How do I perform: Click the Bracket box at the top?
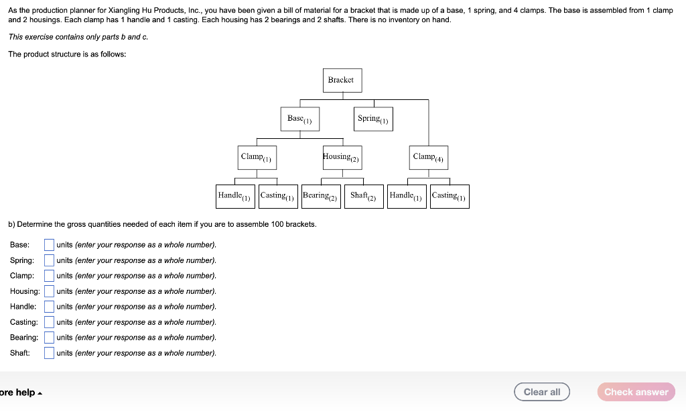point(342,80)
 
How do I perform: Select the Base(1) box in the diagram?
point(299,119)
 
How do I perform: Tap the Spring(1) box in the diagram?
point(373,119)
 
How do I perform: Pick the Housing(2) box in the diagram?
point(342,157)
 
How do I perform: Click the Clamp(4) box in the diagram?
point(429,157)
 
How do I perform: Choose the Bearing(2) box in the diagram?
point(322,196)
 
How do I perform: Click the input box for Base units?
point(50,245)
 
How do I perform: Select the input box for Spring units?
point(50,260)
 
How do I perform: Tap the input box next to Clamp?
point(50,276)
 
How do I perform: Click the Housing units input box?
point(50,291)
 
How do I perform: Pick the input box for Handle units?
point(50,307)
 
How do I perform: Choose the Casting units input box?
point(50,322)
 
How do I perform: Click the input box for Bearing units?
point(50,338)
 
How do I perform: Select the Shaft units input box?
point(50,353)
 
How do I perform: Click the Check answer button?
point(636,392)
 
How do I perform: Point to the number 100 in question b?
point(278,224)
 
